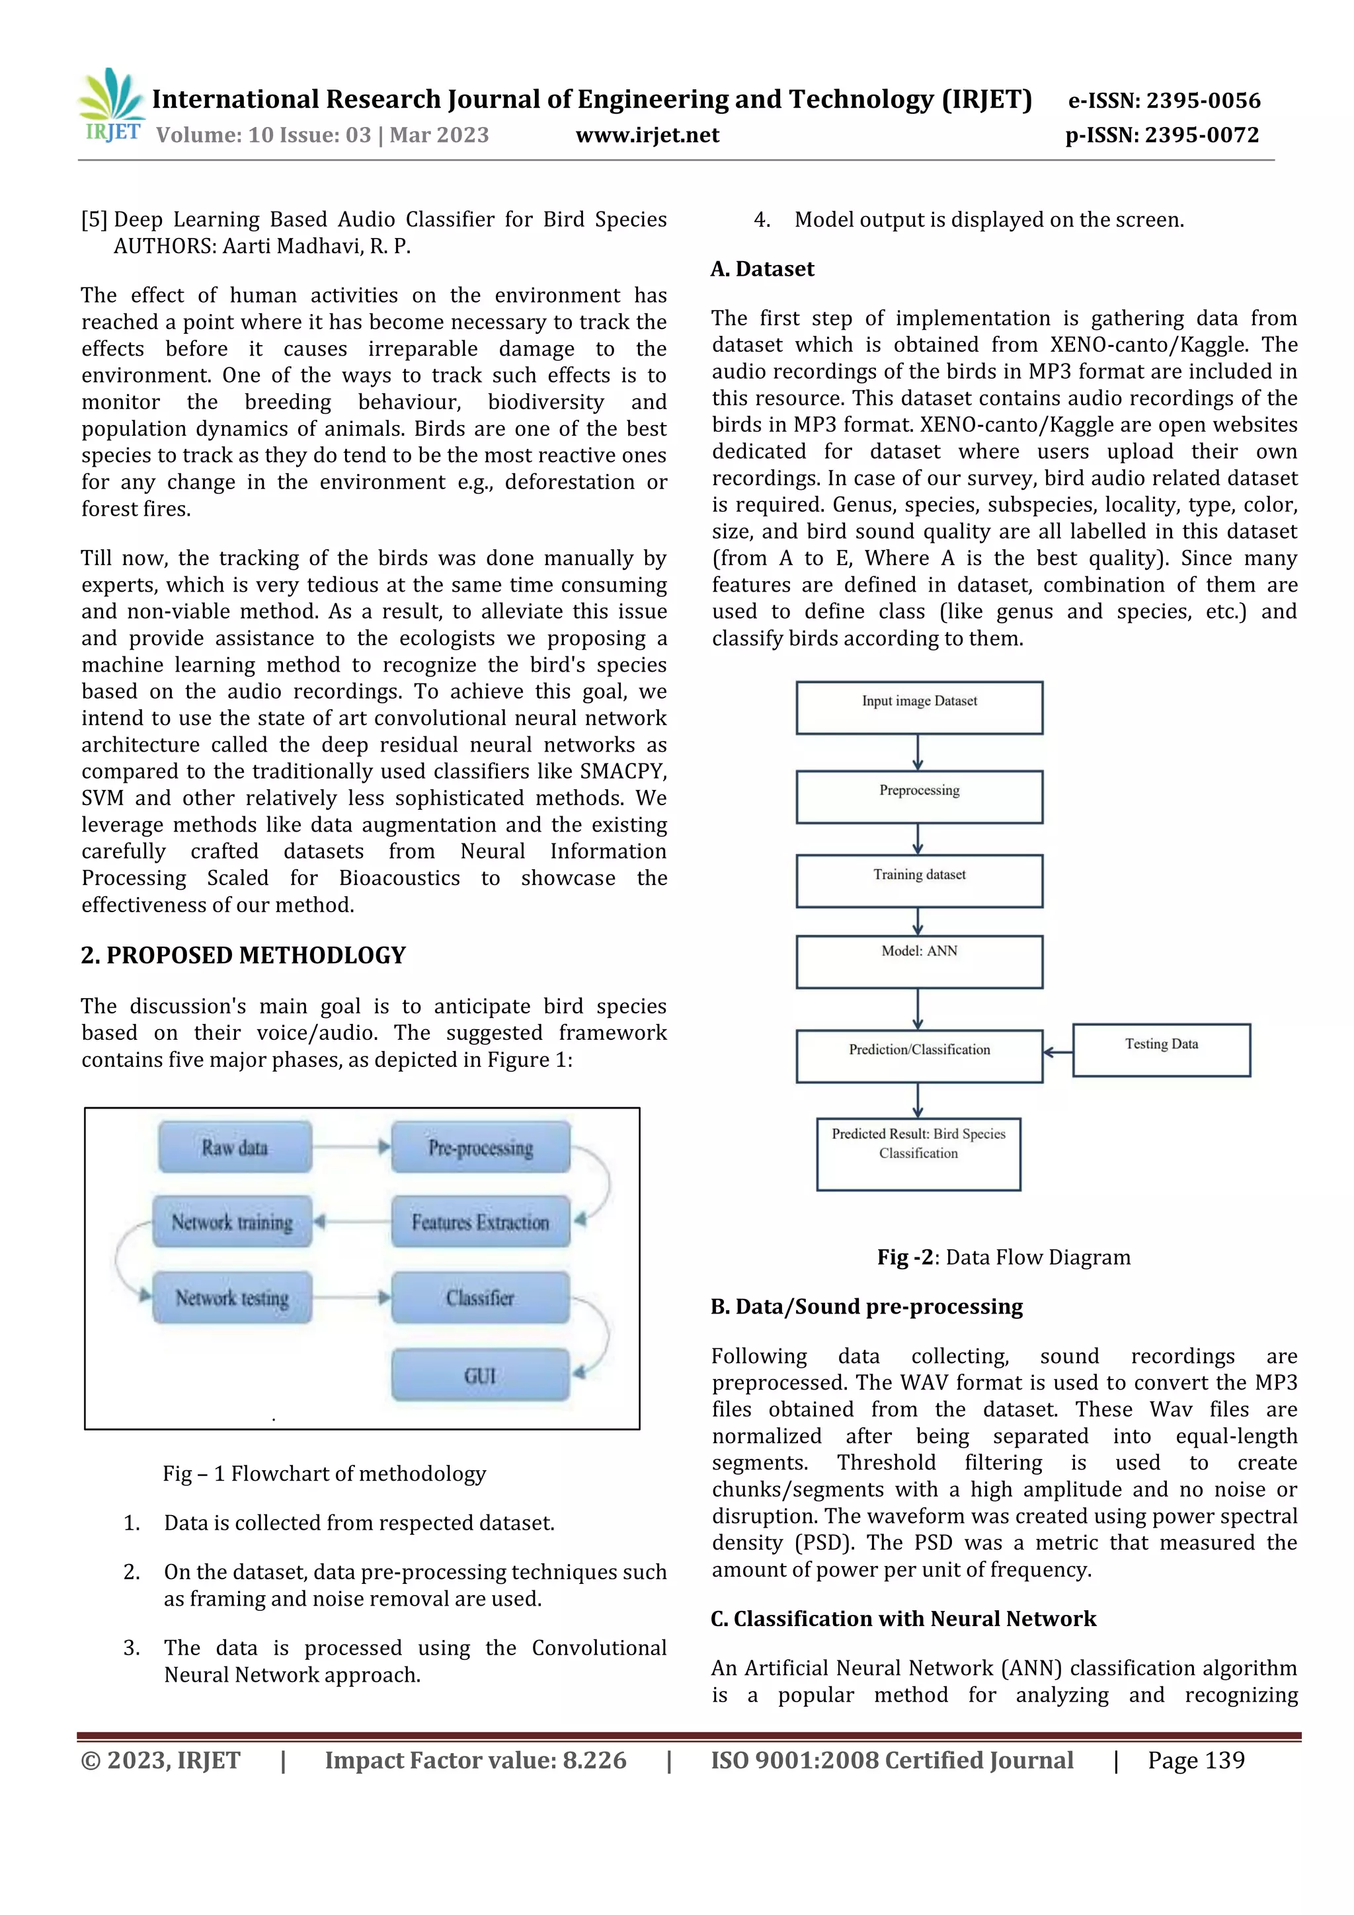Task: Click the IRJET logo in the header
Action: [x=112, y=106]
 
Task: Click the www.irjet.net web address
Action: [x=647, y=135]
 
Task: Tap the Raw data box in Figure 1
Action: [x=235, y=1148]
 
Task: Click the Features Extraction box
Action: [x=481, y=1222]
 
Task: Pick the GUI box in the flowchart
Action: [x=481, y=1374]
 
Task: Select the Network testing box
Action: [x=232, y=1298]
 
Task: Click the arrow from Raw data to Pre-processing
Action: [x=351, y=1148]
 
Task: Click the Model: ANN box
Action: [x=918, y=962]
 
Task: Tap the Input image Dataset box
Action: [x=918, y=707]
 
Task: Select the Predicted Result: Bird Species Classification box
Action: [x=918, y=1153]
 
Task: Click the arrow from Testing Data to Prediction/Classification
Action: [x=1058, y=1052]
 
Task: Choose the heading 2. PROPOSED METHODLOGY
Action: [x=243, y=955]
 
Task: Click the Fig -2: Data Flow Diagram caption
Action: [x=1003, y=1257]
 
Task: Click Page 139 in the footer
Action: [x=1195, y=1760]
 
